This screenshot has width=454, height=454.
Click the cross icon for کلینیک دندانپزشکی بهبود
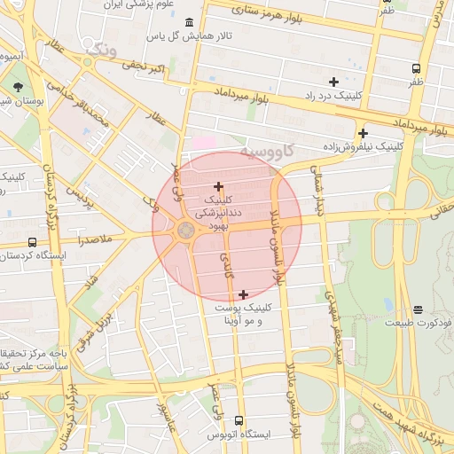pos(219,186)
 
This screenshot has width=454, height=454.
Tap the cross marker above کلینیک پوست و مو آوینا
pos(243,294)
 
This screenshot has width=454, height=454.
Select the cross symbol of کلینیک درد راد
pos(333,82)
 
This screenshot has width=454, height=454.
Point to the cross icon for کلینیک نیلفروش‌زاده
pos(363,133)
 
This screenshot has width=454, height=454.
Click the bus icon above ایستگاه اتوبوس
pos(239,420)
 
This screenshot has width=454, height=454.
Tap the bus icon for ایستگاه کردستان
pos(33,242)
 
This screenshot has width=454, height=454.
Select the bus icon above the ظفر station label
pos(416,68)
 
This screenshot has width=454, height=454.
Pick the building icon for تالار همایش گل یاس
pos(187,22)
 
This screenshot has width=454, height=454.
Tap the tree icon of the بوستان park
pos(19,87)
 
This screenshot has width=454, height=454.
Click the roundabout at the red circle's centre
pos(185,231)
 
